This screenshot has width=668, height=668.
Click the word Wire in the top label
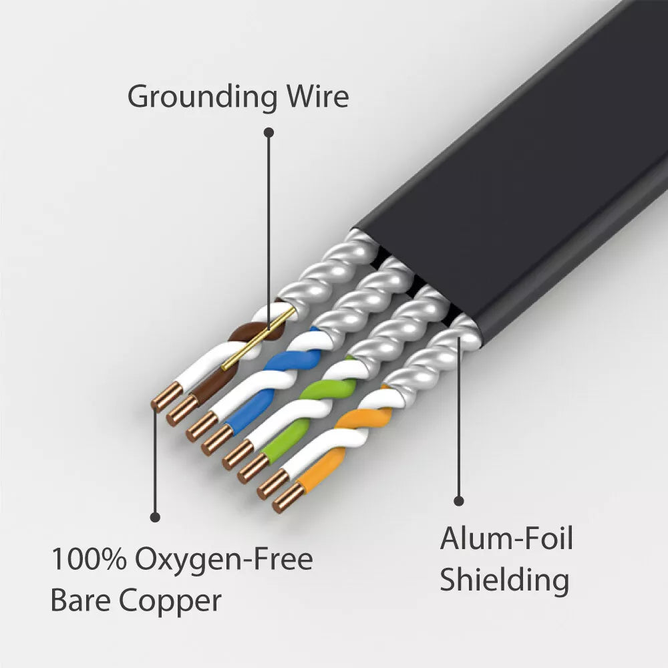(x=318, y=96)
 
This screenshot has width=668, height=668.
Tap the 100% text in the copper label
(x=88, y=559)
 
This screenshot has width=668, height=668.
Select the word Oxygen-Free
(x=224, y=560)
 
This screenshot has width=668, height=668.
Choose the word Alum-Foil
(x=506, y=538)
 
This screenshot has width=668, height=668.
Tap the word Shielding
(x=504, y=580)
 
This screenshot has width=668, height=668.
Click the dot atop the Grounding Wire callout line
(x=269, y=132)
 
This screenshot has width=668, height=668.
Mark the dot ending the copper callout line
(x=155, y=516)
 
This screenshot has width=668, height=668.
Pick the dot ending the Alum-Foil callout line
(x=459, y=500)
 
